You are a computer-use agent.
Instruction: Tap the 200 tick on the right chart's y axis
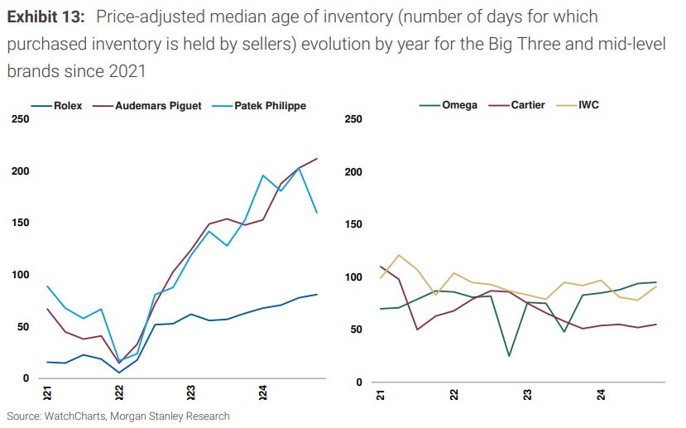[353, 172]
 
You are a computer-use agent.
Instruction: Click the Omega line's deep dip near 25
[508, 356]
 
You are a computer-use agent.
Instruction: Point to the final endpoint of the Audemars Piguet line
[317, 159]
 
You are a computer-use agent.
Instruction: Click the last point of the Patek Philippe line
[317, 213]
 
